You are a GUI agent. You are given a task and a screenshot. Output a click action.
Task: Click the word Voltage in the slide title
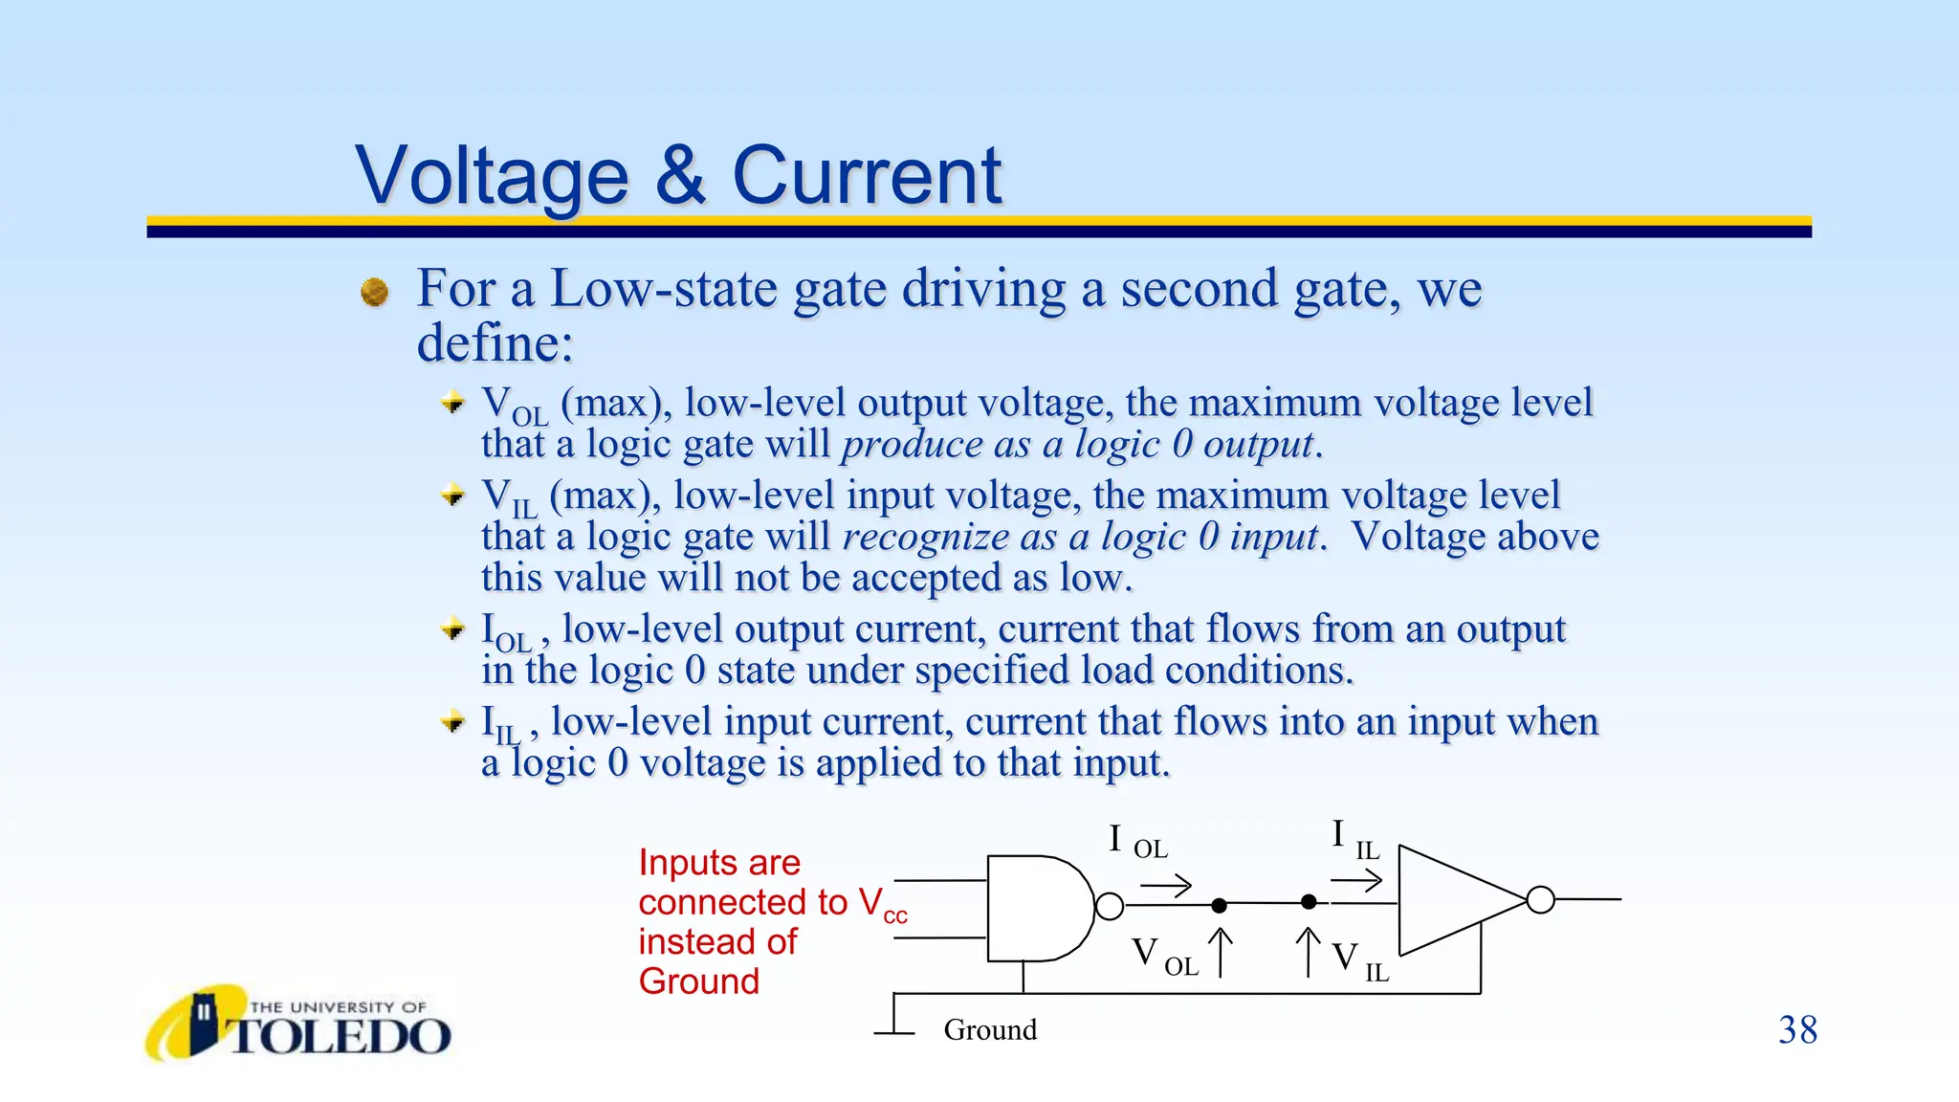(x=492, y=176)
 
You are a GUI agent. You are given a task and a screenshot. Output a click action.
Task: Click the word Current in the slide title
(x=867, y=176)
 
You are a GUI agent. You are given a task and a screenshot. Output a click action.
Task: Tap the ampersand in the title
(x=680, y=176)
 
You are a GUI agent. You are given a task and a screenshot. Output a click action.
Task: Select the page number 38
(x=1797, y=1030)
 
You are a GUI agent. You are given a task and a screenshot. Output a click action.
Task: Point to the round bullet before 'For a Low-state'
(x=375, y=292)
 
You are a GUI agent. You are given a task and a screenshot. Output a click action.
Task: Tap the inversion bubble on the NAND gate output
(x=1110, y=906)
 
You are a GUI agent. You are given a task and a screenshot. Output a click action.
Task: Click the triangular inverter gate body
(x=1449, y=900)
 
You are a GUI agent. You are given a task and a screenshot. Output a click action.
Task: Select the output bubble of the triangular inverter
(x=1540, y=900)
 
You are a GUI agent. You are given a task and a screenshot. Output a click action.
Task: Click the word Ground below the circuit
(x=990, y=1030)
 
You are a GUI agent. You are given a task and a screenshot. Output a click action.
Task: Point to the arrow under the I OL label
(x=1166, y=886)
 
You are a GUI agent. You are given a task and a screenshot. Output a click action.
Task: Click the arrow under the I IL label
(x=1356, y=880)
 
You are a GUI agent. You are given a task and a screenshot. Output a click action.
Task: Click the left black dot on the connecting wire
(x=1219, y=905)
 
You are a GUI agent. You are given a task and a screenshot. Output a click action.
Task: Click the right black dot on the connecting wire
(x=1309, y=902)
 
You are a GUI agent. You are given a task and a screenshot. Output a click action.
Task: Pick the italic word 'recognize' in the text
(x=925, y=538)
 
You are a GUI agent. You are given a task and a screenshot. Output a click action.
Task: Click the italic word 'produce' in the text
(x=911, y=445)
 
